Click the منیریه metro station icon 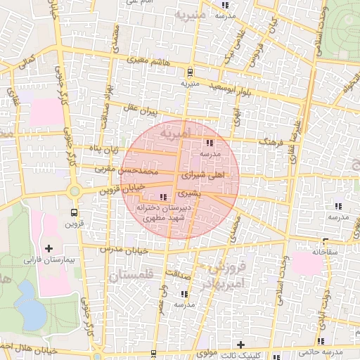[190, 72]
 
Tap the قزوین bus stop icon [74, 213]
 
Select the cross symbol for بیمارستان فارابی [49, 248]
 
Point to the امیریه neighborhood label [175, 132]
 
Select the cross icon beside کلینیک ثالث [241, 345]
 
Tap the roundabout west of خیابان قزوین [74, 191]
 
